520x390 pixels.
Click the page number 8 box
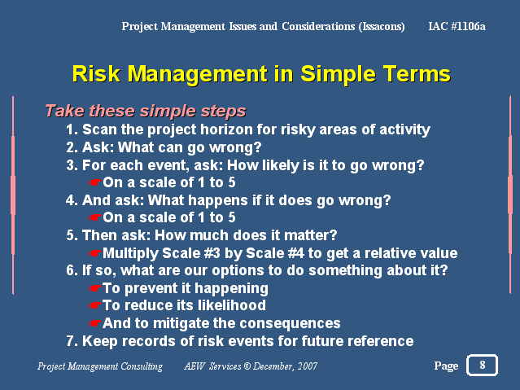482,365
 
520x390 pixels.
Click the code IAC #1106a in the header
457,26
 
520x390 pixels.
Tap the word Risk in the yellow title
96,73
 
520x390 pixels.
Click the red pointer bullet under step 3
94,182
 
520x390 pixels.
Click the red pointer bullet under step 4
94,217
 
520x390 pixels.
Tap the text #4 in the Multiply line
296,253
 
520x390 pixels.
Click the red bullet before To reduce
94,305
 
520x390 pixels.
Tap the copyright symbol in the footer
247,366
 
